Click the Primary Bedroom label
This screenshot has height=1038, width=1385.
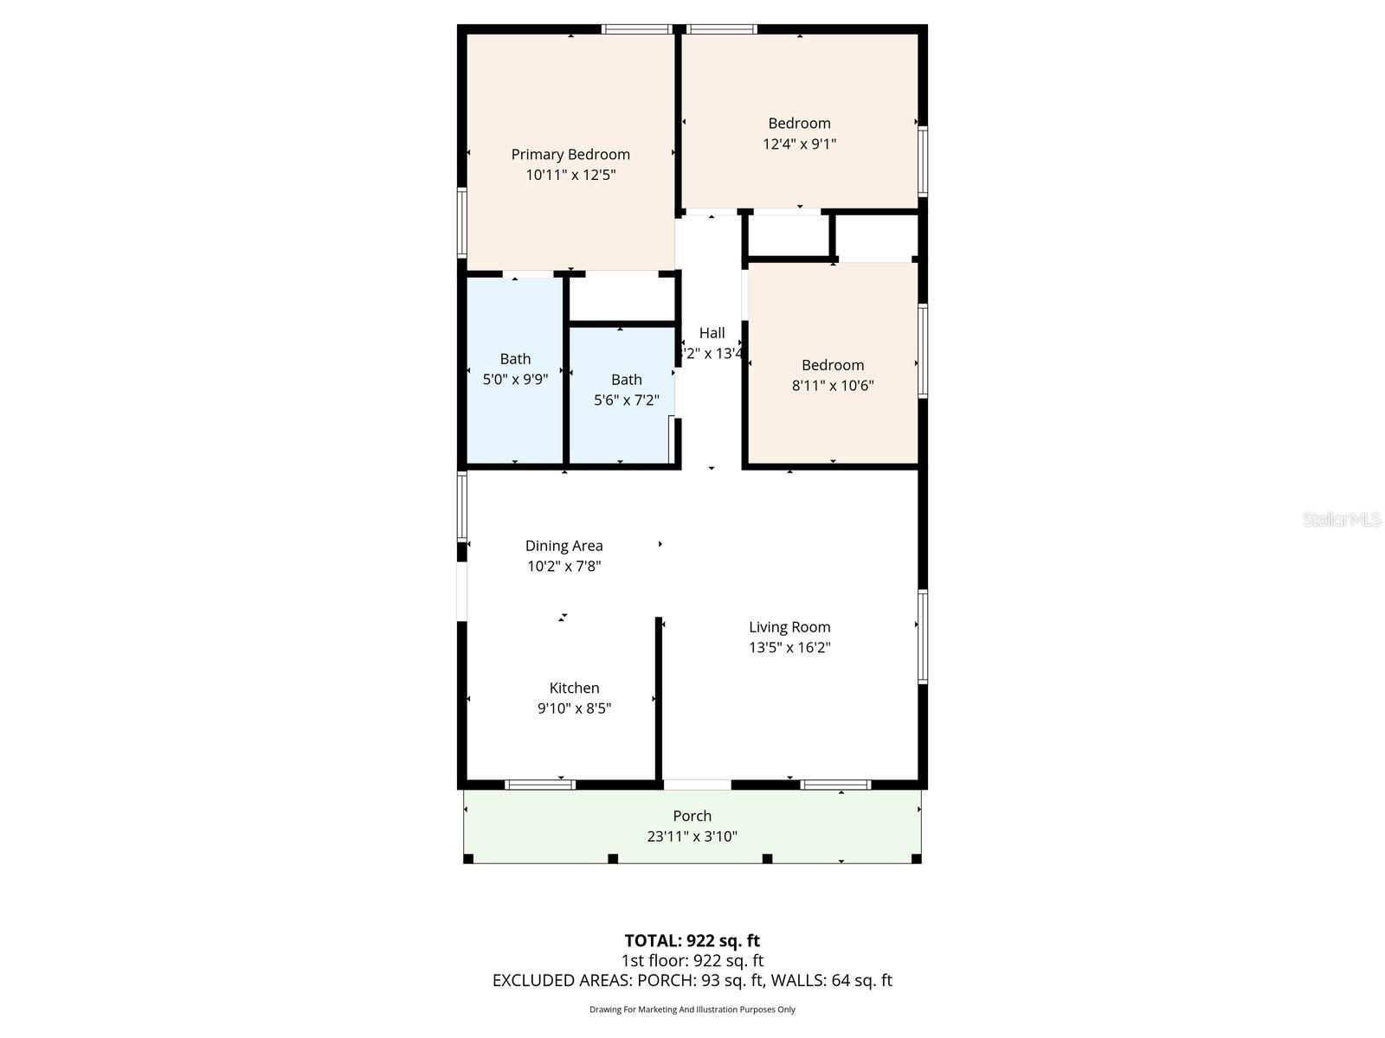(x=570, y=154)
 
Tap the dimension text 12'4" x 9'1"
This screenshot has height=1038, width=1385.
(x=799, y=144)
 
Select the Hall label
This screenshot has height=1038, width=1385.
(x=712, y=332)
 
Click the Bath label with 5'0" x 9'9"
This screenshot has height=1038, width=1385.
(x=515, y=358)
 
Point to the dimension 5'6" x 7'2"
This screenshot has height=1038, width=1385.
(x=626, y=400)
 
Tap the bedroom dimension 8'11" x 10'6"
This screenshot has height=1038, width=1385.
(x=832, y=385)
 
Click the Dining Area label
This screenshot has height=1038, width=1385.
(x=564, y=545)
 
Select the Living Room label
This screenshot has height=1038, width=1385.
(x=789, y=626)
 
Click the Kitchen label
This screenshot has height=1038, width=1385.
(x=574, y=688)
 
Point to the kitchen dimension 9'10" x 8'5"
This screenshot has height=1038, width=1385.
(x=574, y=708)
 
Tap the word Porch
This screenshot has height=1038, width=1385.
(x=692, y=816)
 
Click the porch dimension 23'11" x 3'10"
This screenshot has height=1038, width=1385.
(x=692, y=836)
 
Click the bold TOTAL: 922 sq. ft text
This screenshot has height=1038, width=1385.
(x=692, y=940)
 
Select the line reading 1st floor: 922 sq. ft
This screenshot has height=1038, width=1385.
(x=692, y=960)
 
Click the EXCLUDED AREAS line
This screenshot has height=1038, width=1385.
(x=692, y=980)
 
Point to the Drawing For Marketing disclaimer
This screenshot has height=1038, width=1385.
(x=692, y=1009)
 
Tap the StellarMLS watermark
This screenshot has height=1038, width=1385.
(x=1341, y=519)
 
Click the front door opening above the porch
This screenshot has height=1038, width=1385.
(x=697, y=785)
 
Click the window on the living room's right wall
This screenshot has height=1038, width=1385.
(x=923, y=637)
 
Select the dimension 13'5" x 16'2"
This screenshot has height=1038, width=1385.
(x=789, y=647)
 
